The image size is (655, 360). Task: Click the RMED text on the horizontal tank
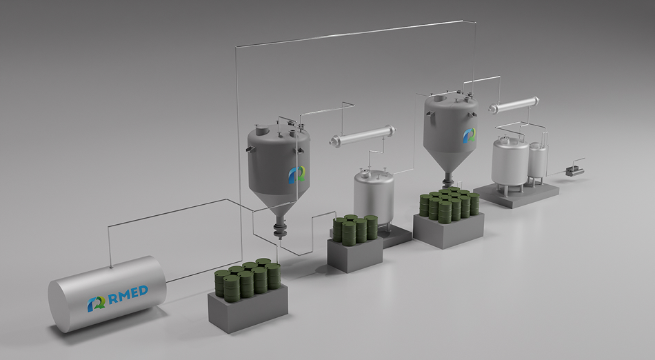(128, 294)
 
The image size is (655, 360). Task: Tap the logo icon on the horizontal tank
(96, 303)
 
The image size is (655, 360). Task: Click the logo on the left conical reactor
(296, 174)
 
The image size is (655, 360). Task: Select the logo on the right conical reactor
(469, 136)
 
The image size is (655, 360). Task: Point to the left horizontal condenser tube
(363, 136)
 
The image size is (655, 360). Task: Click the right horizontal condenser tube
(514, 104)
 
